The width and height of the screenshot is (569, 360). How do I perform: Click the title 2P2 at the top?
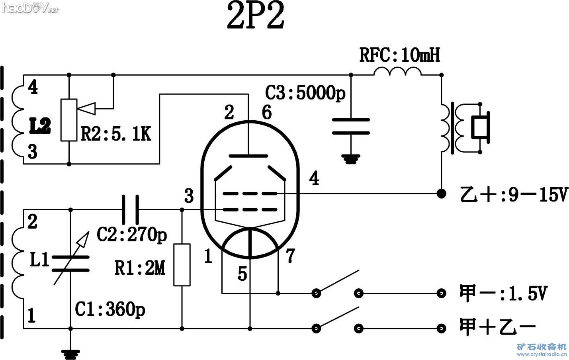click(256, 18)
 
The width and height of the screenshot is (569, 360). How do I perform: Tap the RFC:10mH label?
click(400, 55)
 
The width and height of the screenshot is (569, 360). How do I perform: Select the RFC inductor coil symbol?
click(397, 72)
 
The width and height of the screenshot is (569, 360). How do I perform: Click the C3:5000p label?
click(305, 93)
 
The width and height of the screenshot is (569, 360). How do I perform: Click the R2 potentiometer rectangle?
click(69, 120)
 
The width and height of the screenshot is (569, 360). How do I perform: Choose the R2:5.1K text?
click(116, 134)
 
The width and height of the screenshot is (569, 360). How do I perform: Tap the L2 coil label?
click(40, 127)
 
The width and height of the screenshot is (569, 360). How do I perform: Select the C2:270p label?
click(132, 235)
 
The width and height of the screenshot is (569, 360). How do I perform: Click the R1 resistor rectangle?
click(182, 265)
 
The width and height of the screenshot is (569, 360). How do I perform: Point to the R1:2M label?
click(140, 268)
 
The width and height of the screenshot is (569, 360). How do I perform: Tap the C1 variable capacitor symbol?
click(71, 264)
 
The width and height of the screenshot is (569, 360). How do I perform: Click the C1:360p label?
click(110, 309)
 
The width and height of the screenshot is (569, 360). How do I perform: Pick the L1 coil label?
click(39, 261)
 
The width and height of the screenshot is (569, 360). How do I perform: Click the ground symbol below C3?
click(350, 158)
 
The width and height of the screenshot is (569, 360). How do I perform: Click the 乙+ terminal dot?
click(441, 194)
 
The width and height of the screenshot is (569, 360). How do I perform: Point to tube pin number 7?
click(290, 255)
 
